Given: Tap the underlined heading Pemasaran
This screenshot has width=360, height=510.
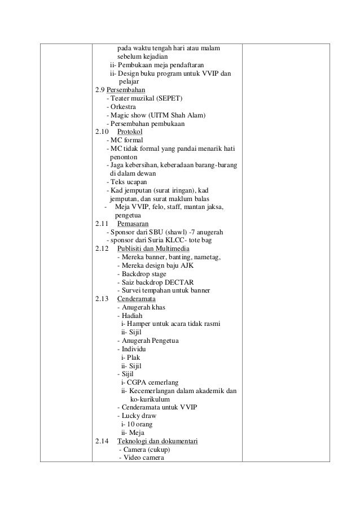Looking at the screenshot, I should [x=129, y=223].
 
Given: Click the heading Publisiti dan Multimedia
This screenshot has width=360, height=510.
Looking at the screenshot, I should [x=153, y=249].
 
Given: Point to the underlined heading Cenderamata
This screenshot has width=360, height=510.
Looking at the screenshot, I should [x=136, y=299].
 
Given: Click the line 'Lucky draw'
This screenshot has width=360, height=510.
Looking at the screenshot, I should [x=137, y=416].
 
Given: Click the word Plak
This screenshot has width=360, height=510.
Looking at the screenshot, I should [x=134, y=358].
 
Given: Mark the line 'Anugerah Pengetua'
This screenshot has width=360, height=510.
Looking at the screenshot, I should [x=144, y=341].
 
